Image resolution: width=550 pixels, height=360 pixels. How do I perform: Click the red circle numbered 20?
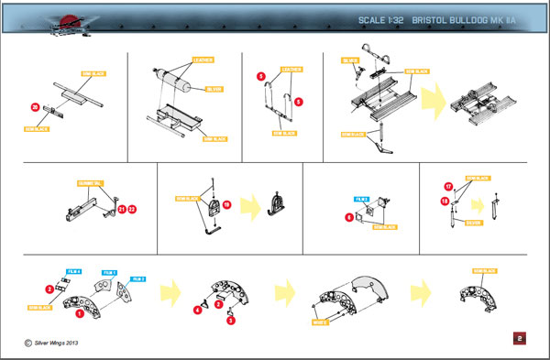[x=35, y=107]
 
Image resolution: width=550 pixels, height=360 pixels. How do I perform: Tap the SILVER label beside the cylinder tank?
[x=214, y=90]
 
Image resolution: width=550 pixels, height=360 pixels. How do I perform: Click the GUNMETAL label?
[x=82, y=182]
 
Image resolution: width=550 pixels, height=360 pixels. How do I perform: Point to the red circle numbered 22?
[x=132, y=209]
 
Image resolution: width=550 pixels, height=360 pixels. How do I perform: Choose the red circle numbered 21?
[x=120, y=209]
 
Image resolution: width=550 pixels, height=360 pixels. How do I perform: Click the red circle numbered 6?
[x=349, y=217]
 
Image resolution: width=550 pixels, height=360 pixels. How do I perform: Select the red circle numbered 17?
[x=448, y=185]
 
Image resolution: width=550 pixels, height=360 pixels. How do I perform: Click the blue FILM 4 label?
[x=75, y=272]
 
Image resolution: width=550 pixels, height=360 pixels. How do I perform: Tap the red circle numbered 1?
[x=80, y=313]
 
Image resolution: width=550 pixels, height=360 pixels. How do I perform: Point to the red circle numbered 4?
[x=197, y=310]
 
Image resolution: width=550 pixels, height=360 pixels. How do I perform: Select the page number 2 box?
[x=520, y=339]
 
